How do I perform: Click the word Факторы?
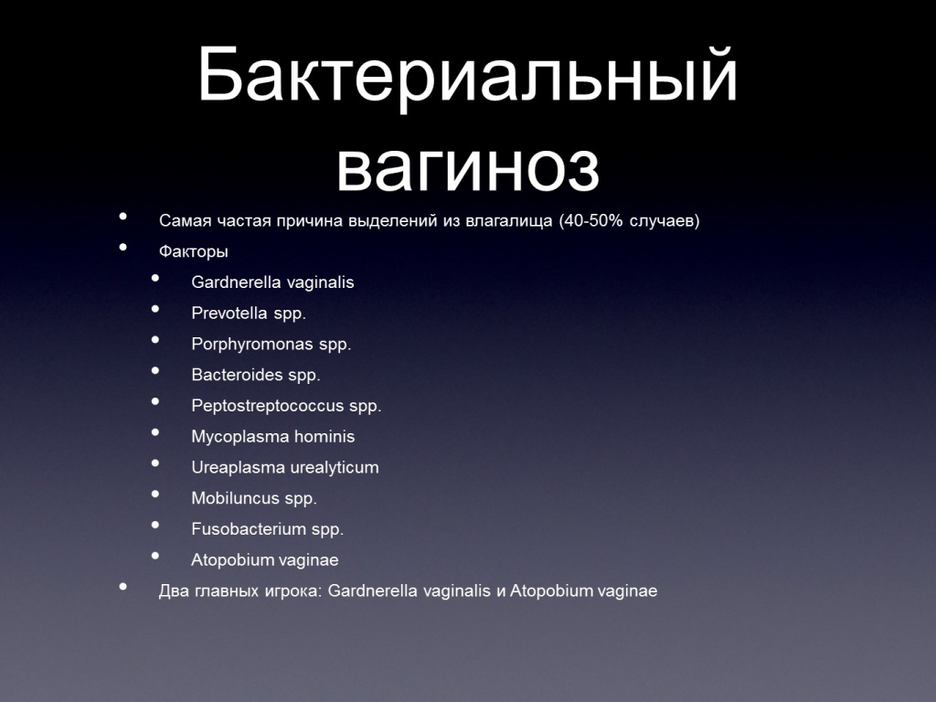pyautogui.click(x=194, y=252)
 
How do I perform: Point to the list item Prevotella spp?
pyautogui.click(x=249, y=314)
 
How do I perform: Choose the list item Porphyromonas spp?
pyautogui.click(x=271, y=345)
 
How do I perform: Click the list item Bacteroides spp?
pyautogui.click(x=256, y=375)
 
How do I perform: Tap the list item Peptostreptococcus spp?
pyautogui.click(x=286, y=406)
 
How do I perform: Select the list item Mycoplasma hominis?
pyautogui.click(x=272, y=436)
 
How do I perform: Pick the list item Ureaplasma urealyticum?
pyautogui.click(x=285, y=467)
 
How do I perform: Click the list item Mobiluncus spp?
pyautogui.click(x=254, y=498)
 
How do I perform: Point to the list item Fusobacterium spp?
pyautogui.click(x=268, y=529)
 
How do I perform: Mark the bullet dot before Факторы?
pyautogui.click(x=123, y=247)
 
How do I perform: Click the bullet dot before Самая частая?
pyautogui.click(x=123, y=216)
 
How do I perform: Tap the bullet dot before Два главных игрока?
pyautogui.click(x=123, y=586)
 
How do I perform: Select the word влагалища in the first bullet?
pyautogui.click(x=508, y=221)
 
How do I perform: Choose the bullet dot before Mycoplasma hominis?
pyautogui.click(x=155, y=432)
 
